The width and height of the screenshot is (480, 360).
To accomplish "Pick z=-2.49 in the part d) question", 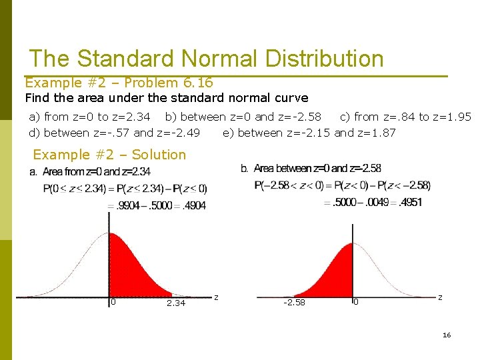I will click(x=178, y=133).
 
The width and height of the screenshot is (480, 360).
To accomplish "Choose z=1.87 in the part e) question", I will click(x=377, y=133).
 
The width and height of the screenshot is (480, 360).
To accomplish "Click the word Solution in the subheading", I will click(x=159, y=155).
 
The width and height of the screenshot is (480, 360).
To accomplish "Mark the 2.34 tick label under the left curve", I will click(x=176, y=303).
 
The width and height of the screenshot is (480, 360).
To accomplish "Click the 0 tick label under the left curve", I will click(x=113, y=302).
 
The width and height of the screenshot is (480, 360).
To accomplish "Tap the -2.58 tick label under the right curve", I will click(x=294, y=303).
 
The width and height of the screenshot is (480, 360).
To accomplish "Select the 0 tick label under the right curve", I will click(x=356, y=302).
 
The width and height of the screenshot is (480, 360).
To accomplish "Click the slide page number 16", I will click(x=447, y=335).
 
